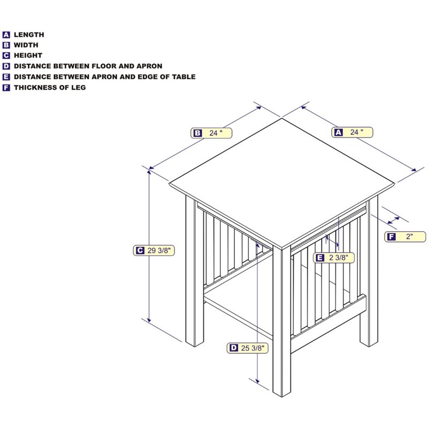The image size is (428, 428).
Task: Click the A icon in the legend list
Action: point(6,35)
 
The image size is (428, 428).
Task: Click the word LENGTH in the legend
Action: point(29,35)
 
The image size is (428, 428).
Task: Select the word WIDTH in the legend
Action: point(26,45)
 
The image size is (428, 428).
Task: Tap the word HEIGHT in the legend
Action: point(28,56)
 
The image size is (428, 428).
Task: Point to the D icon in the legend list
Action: point(6,66)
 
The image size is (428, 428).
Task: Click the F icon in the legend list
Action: point(6,88)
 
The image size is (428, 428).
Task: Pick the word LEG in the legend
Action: point(79,87)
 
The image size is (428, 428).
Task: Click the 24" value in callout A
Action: point(356,132)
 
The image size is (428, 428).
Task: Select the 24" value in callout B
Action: point(216,133)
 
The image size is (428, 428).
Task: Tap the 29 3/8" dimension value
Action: point(159,250)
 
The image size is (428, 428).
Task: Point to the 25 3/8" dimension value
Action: point(253,348)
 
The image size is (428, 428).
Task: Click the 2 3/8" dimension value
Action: point(339,257)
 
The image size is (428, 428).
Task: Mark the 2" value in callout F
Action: point(409,236)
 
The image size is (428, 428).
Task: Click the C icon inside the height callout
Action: point(140,250)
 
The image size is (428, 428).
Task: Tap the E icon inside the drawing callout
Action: point(320,258)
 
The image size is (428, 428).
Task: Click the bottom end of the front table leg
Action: point(282,395)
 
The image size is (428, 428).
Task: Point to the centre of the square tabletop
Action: point(282,183)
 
